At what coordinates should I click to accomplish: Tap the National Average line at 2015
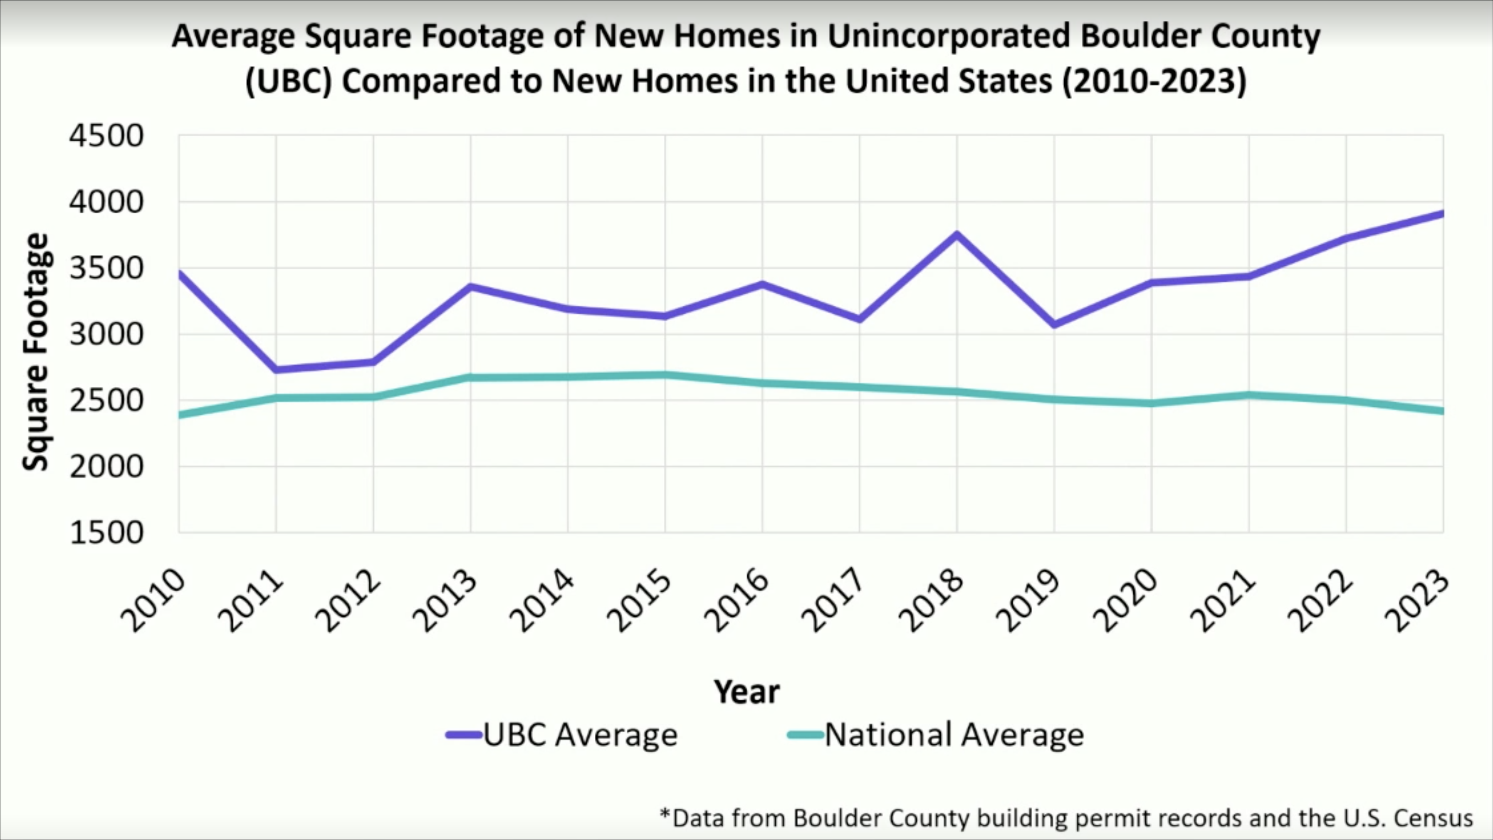coord(665,375)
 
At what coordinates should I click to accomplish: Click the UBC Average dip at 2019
coord(1054,324)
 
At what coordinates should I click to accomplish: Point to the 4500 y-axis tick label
coord(106,136)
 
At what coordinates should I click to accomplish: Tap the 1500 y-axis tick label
coord(106,532)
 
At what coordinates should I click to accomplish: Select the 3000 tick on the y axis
coord(106,334)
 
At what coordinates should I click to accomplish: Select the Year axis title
coord(746,691)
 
